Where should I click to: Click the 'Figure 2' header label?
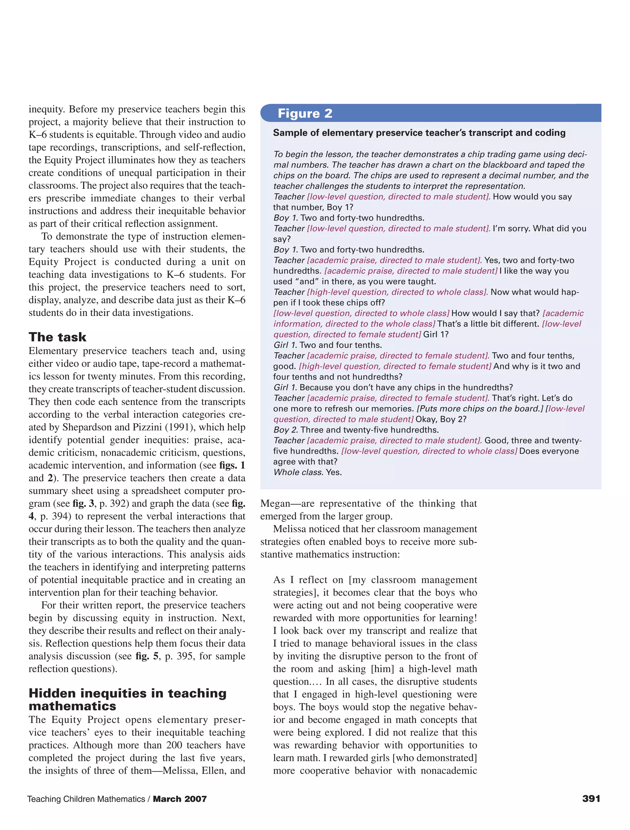point(305,113)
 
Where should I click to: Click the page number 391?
point(591,798)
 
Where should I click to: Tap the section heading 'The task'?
point(58,337)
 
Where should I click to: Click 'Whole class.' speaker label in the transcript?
point(298,472)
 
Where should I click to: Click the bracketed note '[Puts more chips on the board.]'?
point(480,409)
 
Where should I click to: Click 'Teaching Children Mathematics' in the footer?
point(86,799)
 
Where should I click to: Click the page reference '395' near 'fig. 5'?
point(185,656)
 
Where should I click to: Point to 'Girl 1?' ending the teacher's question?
point(436,334)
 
